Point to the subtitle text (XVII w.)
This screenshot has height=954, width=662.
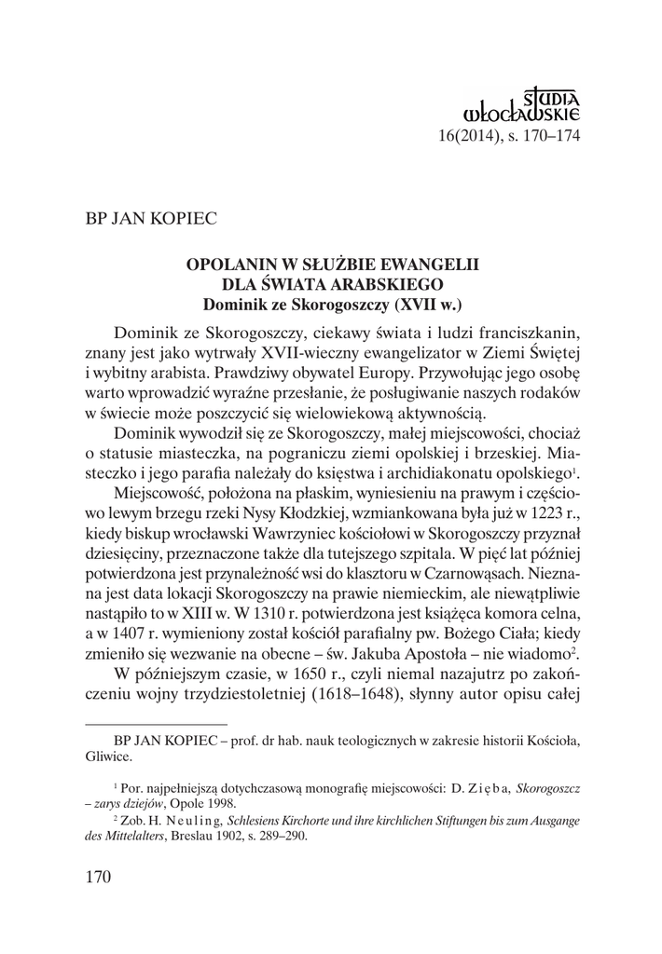(x=428, y=303)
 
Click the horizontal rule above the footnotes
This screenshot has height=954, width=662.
(x=156, y=723)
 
